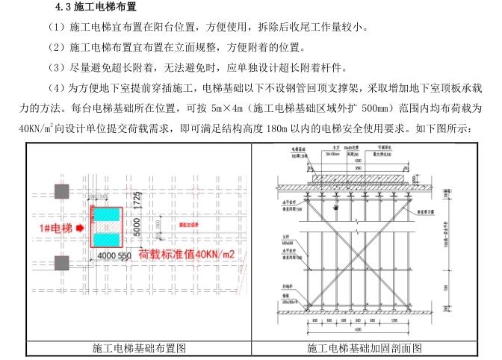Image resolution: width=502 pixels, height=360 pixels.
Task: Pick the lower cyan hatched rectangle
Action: tap(106, 238)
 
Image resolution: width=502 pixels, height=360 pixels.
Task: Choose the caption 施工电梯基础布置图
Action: tap(139, 348)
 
